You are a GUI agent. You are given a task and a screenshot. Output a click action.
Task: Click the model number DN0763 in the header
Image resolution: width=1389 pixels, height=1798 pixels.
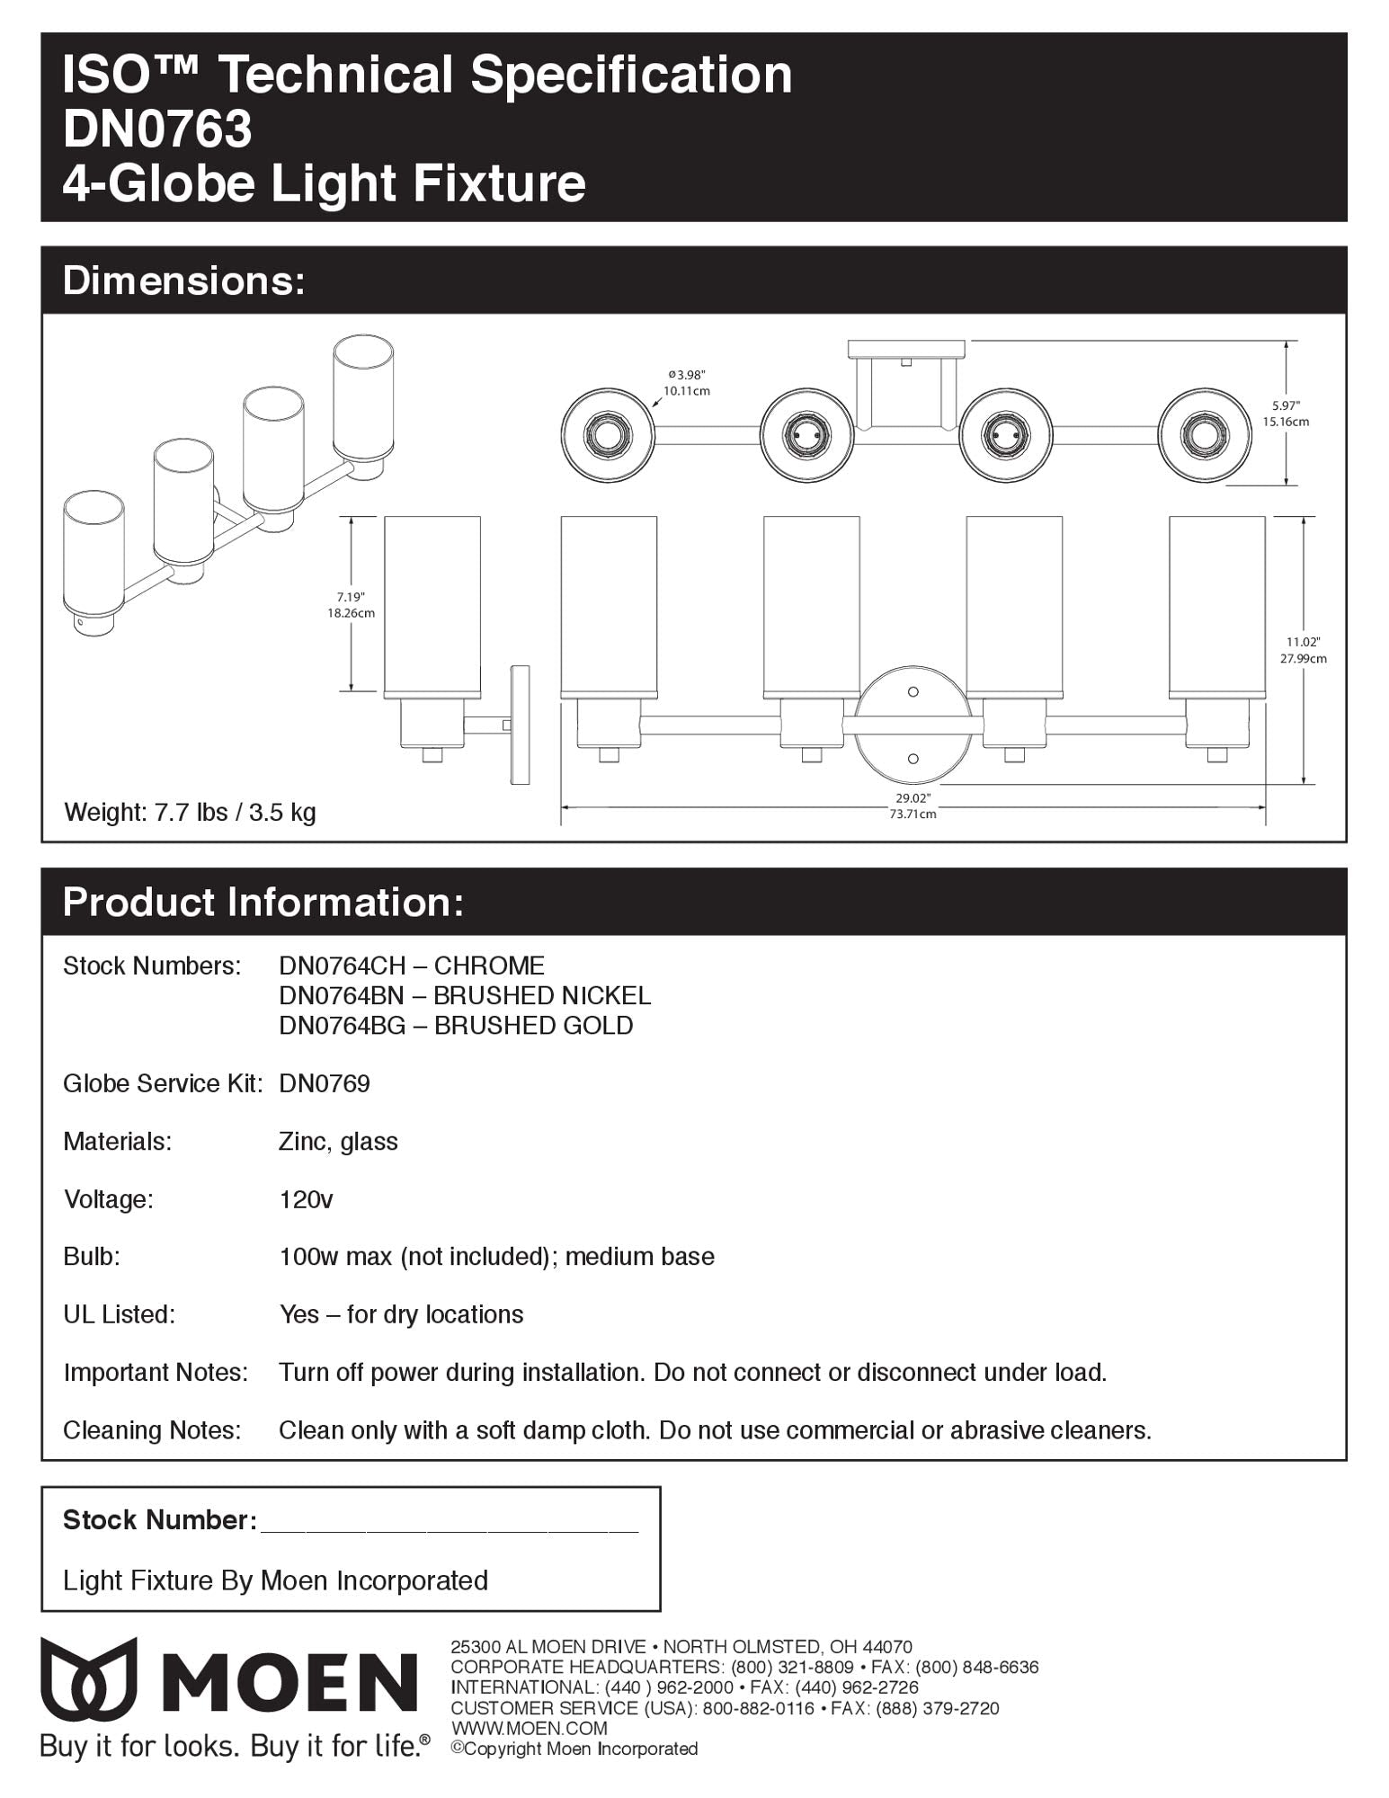[x=157, y=128]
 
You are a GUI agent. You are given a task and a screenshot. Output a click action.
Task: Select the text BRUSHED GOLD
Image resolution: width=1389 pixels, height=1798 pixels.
[x=533, y=1026]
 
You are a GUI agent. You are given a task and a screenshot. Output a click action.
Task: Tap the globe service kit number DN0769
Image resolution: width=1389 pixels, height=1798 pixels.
[x=325, y=1083]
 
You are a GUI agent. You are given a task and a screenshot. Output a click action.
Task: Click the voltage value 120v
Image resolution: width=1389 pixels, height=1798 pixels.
[x=306, y=1199]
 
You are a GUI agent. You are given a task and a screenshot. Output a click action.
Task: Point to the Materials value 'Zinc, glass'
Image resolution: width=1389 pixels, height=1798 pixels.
[x=338, y=1142]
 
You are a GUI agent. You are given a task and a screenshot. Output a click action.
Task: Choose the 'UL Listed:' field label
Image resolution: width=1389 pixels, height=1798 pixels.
[x=120, y=1314]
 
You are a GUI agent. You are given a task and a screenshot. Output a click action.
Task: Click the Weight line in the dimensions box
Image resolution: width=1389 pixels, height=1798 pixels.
[x=190, y=813]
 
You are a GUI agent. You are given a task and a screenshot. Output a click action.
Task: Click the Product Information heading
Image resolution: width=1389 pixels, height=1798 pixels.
[x=263, y=902]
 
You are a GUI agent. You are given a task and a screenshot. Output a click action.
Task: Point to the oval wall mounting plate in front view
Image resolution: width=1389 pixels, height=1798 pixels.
[x=913, y=725]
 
